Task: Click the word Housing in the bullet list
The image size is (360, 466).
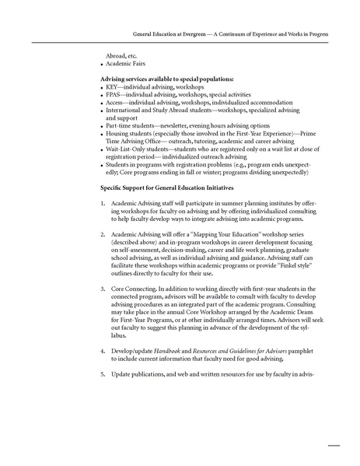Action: click(119, 134)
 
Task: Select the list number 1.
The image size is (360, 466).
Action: click(103, 204)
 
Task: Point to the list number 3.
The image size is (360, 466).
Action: click(103, 287)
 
